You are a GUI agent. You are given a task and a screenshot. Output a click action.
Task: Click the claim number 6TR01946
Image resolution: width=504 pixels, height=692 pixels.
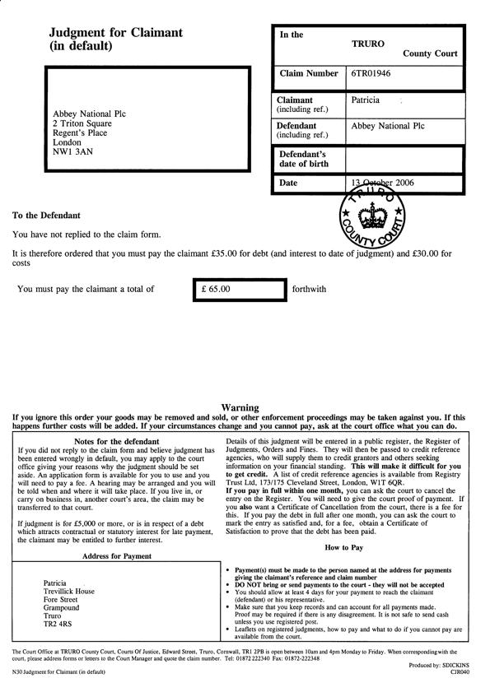pos(372,74)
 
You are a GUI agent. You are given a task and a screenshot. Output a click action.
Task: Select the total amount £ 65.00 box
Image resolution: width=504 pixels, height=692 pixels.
pos(239,289)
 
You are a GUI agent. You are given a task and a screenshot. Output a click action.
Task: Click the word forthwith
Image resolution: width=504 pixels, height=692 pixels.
pos(310,290)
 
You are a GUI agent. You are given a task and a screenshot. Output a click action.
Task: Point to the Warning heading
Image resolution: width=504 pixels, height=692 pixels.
pos(240,407)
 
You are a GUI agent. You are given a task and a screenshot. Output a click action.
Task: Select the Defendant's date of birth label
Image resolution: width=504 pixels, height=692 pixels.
pos(303,159)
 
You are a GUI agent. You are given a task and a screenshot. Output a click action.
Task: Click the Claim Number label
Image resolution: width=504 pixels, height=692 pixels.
pos(309,74)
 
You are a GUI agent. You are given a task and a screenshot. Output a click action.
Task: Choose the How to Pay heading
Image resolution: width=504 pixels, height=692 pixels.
pos(343,547)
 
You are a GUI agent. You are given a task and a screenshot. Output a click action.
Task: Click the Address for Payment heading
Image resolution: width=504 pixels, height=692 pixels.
pos(116,556)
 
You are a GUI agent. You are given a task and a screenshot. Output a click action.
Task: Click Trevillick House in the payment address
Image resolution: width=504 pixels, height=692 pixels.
pos(68,591)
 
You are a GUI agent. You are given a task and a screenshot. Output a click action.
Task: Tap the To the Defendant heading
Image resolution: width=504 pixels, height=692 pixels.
pos(46,216)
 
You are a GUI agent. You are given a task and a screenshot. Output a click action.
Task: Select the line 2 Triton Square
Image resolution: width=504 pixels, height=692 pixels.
pos(82,123)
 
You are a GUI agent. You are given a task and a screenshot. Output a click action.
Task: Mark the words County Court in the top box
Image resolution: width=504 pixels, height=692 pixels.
pos(429,53)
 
